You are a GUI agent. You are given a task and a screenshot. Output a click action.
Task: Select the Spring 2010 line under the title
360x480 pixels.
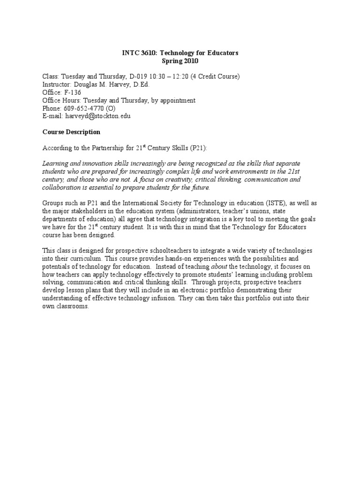pyautogui.click(x=180, y=61)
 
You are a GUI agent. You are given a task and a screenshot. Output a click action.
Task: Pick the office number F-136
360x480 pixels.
pyautogui.click(x=71, y=92)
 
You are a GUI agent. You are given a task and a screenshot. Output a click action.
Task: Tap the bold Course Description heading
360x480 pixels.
pyautogui.click(x=71, y=132)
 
